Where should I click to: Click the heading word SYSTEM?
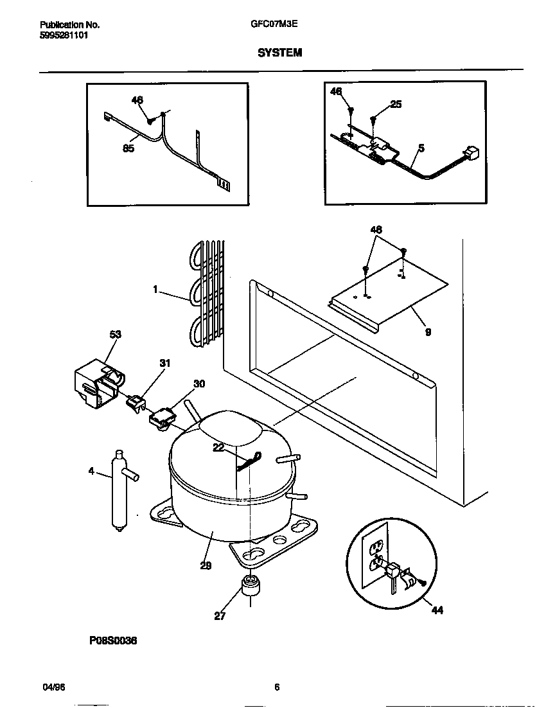279,53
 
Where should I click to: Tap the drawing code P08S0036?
113,641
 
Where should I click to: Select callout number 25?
396,104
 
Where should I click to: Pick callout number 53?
116,335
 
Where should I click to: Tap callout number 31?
165,364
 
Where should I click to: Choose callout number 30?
199,384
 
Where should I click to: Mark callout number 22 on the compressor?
220,449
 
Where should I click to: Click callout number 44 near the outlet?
436,610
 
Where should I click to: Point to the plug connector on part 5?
473,154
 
